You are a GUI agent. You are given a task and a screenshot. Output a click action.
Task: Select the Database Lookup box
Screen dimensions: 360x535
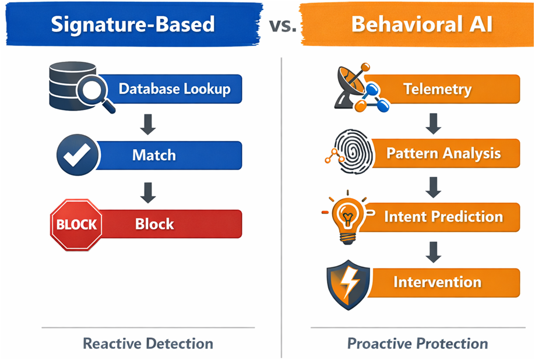click(174, 89)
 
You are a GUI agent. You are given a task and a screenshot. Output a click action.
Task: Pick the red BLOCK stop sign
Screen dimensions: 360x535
click(76, 224)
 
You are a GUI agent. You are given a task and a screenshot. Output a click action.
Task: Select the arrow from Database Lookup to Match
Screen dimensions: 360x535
click(148, 123)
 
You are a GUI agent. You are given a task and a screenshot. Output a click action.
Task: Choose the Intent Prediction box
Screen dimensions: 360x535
click(443, 217)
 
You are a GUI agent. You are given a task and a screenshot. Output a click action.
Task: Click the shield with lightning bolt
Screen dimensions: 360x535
click(349, 285)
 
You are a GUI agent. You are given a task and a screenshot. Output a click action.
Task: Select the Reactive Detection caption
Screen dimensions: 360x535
click(148, 343)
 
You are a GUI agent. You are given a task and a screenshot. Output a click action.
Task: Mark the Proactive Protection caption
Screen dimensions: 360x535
click(417, 343)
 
